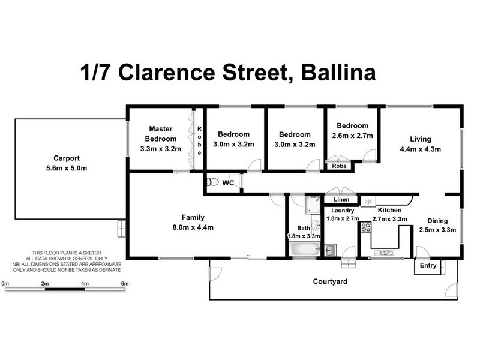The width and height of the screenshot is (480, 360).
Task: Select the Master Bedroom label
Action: coord(161,134)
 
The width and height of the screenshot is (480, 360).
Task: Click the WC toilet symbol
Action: coord(211,182)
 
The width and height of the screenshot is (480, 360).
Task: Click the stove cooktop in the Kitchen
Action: coord(365,228)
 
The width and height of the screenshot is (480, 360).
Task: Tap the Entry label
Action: coord(428,266)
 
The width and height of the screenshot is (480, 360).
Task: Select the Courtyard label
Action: coord(331,281)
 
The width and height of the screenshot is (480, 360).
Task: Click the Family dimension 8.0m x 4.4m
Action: coord(193,227)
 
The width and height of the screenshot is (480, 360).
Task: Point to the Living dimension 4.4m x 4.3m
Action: coord(421,149)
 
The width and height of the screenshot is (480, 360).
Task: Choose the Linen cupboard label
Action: coord(341,199)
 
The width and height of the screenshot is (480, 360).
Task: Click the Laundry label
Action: coord(341,211)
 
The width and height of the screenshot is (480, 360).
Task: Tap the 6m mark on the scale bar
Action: coord(125,283)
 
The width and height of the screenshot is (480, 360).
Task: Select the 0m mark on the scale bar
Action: coord(5,283)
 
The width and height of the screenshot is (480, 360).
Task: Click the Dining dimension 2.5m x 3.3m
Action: coord(437,230)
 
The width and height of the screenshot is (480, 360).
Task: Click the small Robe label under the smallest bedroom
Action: coord(340,166)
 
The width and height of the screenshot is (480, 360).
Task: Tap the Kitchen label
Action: coord(389,211)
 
